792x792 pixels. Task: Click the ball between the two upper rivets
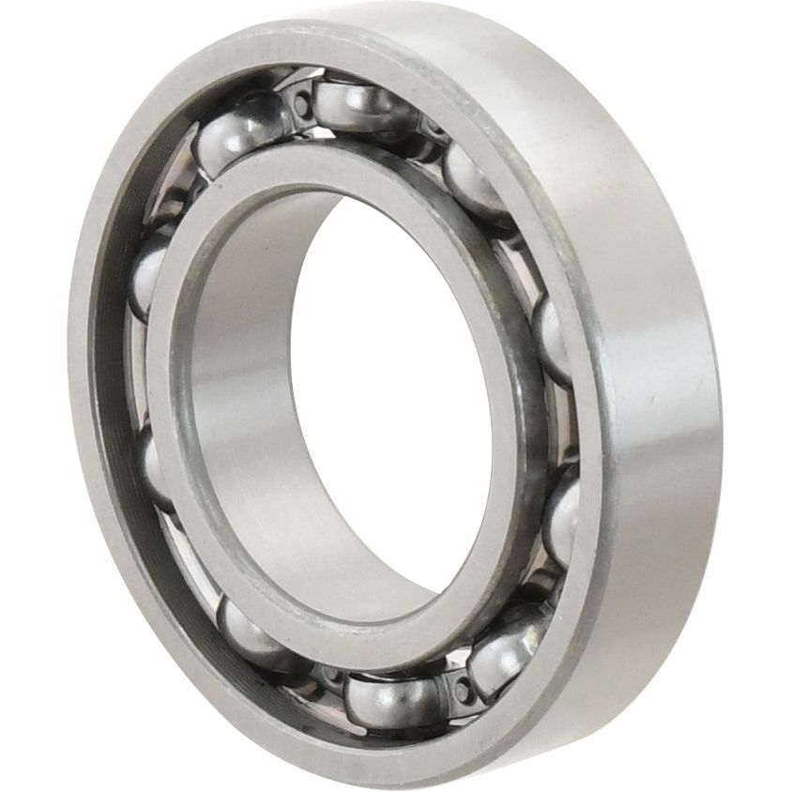361,105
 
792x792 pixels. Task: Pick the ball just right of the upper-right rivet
474,178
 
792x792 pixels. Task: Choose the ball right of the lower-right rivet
507,652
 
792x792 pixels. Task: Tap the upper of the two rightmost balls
554,338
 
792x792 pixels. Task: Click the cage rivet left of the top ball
299,102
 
